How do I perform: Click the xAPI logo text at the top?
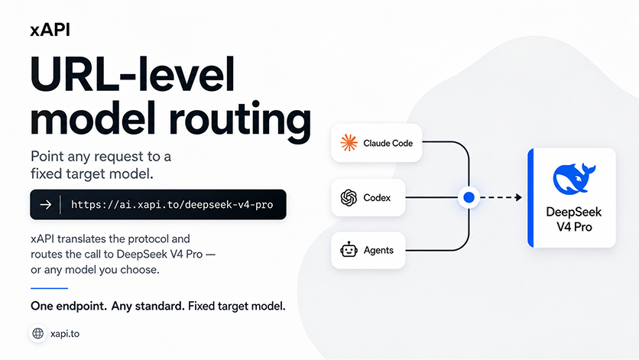point(50,30)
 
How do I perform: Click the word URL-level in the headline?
point(132,75)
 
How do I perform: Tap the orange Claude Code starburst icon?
point(349,143)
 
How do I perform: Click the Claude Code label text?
point(388,143)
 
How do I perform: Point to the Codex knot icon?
point(349,198)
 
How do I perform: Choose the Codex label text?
point(377,198)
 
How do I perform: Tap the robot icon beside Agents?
point(349,249)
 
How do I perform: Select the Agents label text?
point(378,251)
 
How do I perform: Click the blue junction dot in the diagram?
point(469,197)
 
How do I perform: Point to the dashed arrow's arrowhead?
point(519,197)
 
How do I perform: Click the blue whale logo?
point(574,178)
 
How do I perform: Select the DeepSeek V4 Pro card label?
point(574,219)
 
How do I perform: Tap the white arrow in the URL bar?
point(46,204)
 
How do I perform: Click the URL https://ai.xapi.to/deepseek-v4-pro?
point(172,205)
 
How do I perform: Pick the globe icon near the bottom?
point(38,333)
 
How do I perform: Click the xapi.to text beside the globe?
point(65,334)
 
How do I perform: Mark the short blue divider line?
point(50,288)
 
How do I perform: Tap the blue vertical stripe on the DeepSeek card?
point(530,198)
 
